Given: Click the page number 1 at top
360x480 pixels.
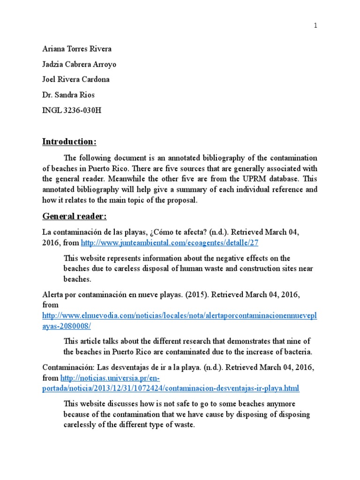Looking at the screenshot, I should pos(315,26).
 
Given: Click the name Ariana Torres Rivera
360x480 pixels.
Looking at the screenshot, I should pos(77,49).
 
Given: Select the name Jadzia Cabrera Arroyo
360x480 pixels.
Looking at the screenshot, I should pos(80,64).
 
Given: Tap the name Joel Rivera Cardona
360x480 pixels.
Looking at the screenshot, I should pos(76,79).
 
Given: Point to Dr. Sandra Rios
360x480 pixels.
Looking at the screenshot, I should pos(68,95).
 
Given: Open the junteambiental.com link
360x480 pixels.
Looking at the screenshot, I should pos(169,243).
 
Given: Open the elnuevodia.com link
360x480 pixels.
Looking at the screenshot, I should pos(179,315).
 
